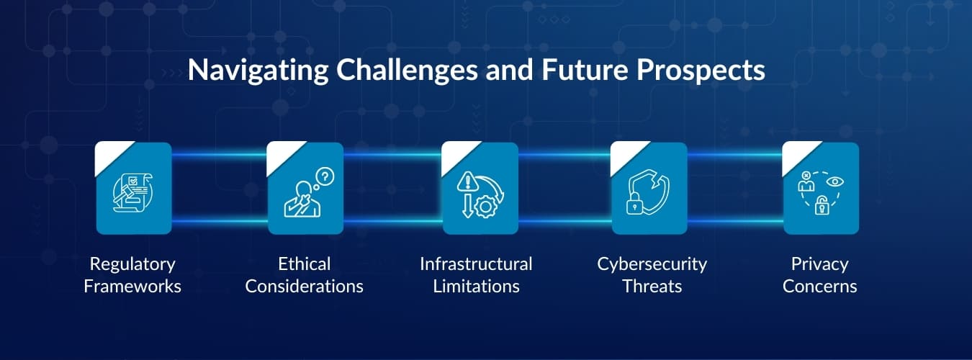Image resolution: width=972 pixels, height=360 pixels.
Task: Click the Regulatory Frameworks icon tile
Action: click(x=134, y=189)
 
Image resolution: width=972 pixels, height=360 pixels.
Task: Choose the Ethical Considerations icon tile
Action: click(x=305, y=189)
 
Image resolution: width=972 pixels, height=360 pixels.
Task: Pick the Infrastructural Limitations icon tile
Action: click(x=480, y=189)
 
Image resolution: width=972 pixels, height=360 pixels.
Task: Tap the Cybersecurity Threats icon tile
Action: click(x=649, y=189)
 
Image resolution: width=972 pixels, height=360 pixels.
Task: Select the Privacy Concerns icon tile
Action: click(x=821, y=189)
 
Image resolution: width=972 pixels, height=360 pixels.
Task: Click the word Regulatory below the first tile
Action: click(x=132, y=264)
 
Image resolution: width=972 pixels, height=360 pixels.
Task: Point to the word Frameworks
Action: click(x=132, y=287)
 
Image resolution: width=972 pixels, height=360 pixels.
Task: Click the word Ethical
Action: click(x=304, y=264)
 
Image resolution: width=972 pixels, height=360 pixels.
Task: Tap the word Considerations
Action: click(x=304, y=287)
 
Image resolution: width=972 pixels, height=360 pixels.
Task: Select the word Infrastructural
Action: click(x=476, y=264)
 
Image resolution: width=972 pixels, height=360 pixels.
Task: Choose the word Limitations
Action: click(x=476, y=287)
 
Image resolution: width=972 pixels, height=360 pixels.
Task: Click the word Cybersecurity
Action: click(x=652, y=264)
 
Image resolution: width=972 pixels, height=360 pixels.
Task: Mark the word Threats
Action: click(x=652, y=287)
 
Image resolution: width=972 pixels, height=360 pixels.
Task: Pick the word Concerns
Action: click(x=819, y=287)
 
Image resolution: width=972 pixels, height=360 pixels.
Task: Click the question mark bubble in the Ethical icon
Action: click(x=325, y=174)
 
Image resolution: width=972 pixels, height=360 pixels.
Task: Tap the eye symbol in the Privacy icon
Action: click(x=834, y=181)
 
